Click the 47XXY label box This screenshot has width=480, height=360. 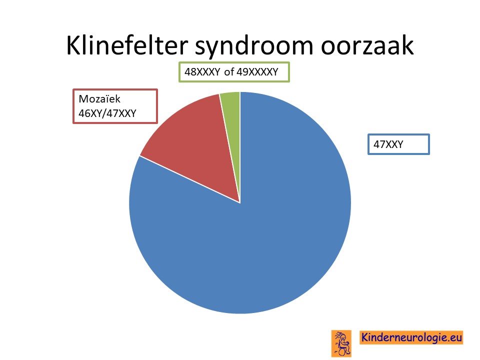(x=398, y=144)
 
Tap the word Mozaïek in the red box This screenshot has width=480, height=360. (x=99, y=99)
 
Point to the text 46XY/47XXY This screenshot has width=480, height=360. (x=107, y=113)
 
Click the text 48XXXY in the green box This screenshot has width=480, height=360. (x=202, y=72)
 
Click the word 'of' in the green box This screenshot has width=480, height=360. (x=229, y=72)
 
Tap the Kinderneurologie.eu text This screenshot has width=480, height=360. (x=411, y=337)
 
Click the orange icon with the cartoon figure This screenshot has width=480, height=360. (x=341, y=343)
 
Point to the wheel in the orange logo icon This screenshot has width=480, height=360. (x=342, y=352)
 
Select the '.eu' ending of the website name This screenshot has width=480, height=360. (x=454, y=337)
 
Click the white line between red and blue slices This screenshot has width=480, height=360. (x=189, y=179)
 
